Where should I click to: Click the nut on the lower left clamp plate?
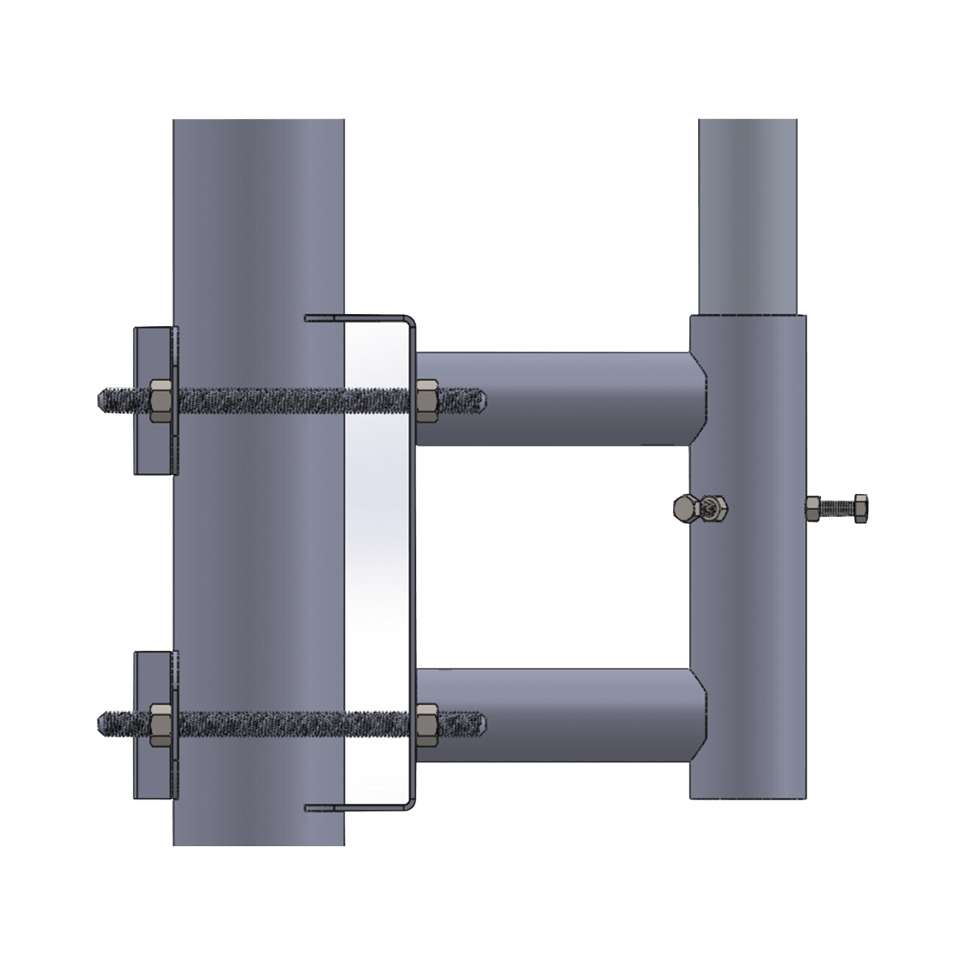click(161, 722)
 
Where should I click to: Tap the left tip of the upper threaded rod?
click(101, 398)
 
